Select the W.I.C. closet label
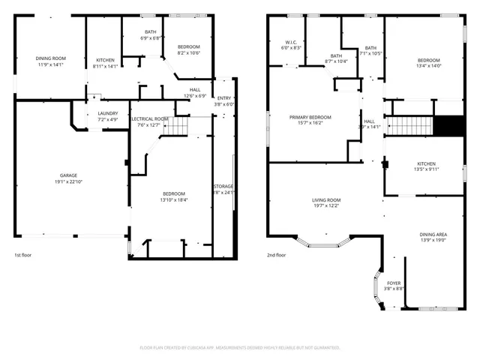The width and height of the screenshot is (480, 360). (291, 44)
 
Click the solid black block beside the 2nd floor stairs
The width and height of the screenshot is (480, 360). (450, 127)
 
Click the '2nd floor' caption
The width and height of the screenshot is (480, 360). (277, 255)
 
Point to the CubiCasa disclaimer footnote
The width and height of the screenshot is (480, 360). (240, 347)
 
